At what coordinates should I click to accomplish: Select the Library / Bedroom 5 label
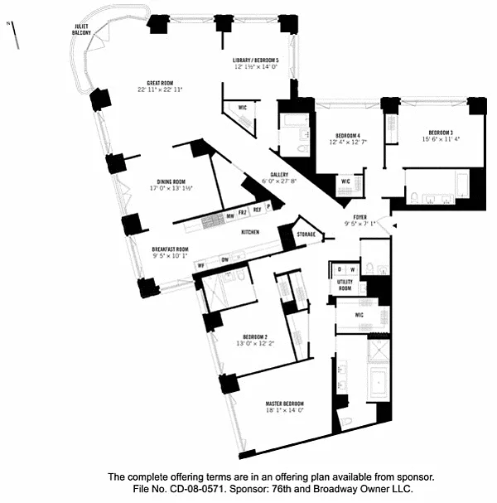(x=255, y=61)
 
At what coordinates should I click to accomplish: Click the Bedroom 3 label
(x=441, y=133)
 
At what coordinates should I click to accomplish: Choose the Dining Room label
(x=171, y=181)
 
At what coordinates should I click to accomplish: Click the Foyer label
(x=359, y=216)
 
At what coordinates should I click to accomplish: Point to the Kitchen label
(x=252, y=233)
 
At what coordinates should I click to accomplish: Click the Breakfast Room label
(x=170, y=249)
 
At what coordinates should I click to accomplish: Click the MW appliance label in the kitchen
(x=229, y=217)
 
